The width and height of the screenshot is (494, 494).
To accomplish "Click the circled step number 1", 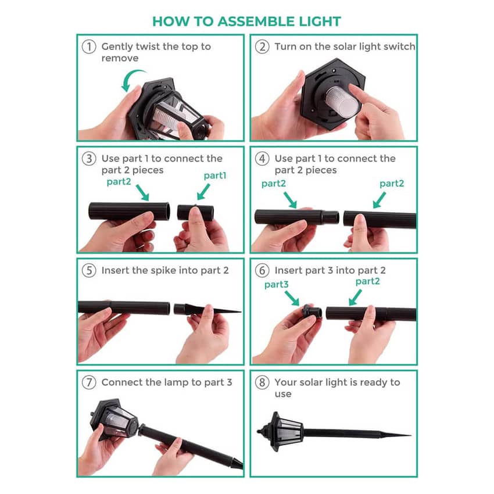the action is (89, 46).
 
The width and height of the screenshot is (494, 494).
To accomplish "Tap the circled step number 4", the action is (262, 159).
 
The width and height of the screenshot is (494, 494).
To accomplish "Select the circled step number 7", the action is (89, 382).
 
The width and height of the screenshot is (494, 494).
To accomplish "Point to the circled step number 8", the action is (262, 382).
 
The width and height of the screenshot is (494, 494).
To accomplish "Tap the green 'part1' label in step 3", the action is (215, 176).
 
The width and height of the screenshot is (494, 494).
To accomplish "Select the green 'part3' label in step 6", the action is (276, 285).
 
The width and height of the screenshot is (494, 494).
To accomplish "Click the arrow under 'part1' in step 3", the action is (203, 192).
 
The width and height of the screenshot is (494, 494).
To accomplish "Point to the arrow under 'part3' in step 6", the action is (292, 298).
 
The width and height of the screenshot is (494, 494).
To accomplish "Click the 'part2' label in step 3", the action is (119, 182).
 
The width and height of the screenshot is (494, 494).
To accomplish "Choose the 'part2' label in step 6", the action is (368, 281).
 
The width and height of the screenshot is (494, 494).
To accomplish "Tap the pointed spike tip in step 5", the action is (241, 312).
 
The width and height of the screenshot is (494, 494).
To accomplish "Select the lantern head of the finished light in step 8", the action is (280, 432).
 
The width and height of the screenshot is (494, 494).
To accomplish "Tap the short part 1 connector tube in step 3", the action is (195, 213).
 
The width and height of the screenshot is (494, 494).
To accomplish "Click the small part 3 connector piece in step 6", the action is (312, 312).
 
